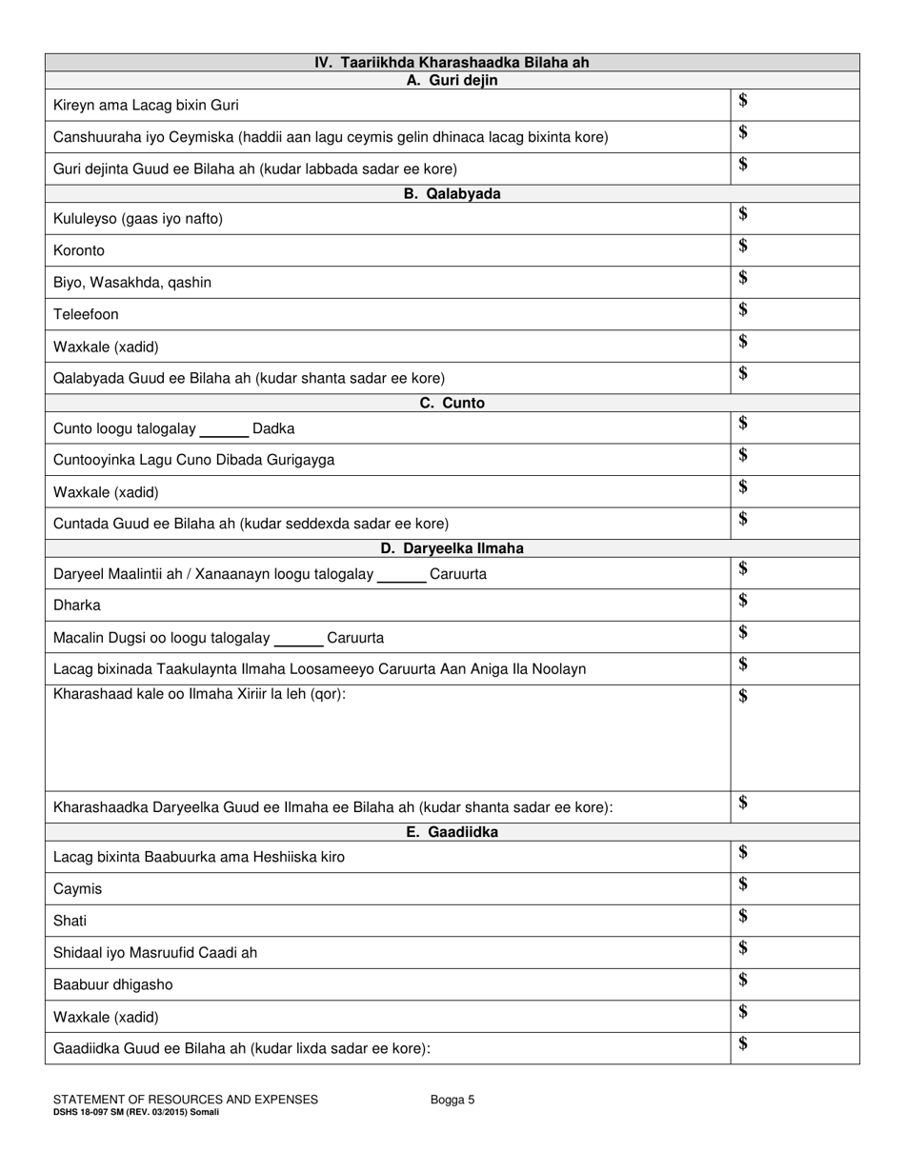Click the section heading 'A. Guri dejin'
(x=452, y=81)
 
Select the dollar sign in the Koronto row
(x=743, y=247)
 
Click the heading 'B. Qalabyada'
(x=452, y=194)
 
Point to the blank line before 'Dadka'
(x=224, y=430)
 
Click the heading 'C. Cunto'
(x=452, y=403)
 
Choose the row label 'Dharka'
(x=77, y=605)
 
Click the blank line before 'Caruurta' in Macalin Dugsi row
(x=298, y=639)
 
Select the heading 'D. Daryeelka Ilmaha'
(x=452, y=548)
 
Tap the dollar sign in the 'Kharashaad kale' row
(x=743, y=697)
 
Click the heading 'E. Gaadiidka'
(x=452, y=832)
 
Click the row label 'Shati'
(x=70, y=921)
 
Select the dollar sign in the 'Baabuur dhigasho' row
(x=743, y=980)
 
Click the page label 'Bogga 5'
(x=452, y=1100)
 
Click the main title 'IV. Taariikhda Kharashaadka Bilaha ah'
(x=452, y=63)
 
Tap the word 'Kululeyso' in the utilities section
(x=87, y=219)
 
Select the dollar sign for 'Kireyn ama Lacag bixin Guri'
(x=743, y=101)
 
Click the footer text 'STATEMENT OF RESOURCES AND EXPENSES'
(x=186, y=1100)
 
